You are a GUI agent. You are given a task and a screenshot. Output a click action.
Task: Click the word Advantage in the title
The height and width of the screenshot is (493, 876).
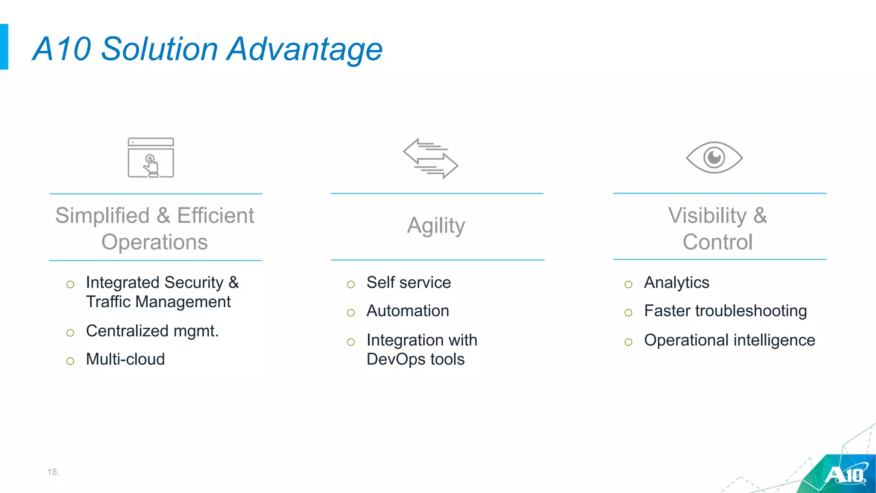[305, 49]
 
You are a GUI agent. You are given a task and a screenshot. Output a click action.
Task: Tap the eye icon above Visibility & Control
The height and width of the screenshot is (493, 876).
[714, 157]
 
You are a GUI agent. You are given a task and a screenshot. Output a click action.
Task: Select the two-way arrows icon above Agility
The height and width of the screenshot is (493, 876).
[430, 158]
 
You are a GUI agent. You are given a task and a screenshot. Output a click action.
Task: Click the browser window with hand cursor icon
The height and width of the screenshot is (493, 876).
[151, 157]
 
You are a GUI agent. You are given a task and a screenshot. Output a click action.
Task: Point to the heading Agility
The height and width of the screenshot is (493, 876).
[436, 226]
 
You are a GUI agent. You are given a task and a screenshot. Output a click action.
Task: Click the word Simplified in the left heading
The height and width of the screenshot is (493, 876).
[102, 215]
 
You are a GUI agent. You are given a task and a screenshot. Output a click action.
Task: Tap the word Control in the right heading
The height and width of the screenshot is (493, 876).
[717, 242]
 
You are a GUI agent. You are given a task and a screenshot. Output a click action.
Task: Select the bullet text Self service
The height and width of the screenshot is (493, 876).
[408, 282]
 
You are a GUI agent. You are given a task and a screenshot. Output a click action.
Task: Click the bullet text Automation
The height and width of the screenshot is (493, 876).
[408, 311]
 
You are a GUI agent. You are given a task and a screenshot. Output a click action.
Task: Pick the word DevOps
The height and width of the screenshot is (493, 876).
[396, 359]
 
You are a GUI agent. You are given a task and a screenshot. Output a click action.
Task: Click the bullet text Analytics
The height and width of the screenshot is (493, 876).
[676, 282]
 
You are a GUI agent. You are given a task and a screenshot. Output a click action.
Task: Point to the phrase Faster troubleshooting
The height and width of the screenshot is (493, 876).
[725, 311]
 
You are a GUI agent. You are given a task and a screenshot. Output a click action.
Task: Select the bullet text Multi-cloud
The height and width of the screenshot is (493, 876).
[125, 359]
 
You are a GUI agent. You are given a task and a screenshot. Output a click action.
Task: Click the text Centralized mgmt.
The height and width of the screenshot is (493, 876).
[152, 331]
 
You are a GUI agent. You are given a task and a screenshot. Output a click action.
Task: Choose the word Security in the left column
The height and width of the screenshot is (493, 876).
[194, 282]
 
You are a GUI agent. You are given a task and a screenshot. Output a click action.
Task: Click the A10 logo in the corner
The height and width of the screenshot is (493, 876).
[845, 475]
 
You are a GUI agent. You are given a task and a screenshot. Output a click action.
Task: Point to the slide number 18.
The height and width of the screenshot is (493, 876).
[53, 472]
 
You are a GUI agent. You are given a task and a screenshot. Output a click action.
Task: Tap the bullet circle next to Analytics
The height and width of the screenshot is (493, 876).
[628, 285]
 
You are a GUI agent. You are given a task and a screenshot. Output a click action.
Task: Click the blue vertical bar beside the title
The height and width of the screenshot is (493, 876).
[4, 47]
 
